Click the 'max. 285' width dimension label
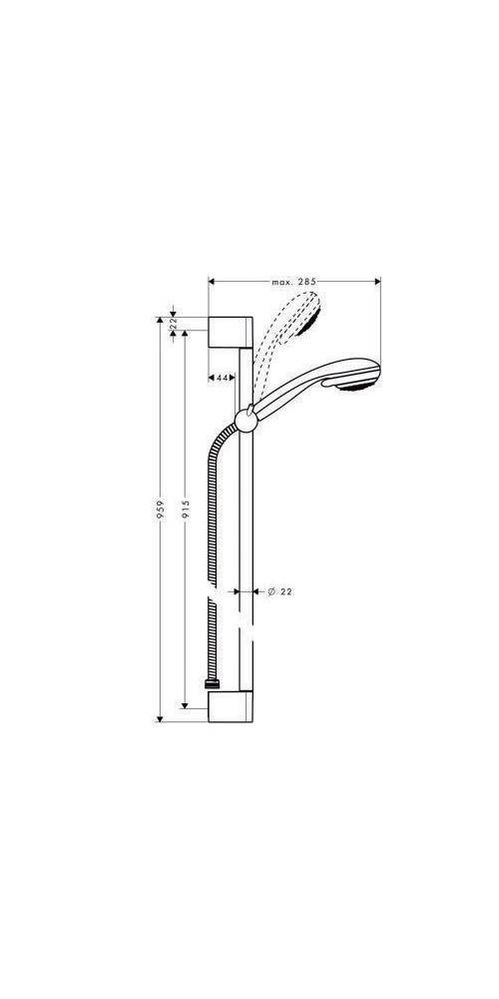tap(292, 283)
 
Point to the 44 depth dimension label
tap(223, 378)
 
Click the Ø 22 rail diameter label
tap(279, 592)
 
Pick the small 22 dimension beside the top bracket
tap(174, 326)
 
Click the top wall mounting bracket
tap(231, 332)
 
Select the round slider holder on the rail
tap(246, 419)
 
